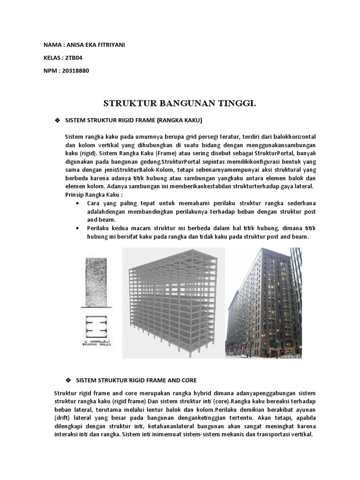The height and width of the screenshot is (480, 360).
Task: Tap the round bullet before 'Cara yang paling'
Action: point(77,203)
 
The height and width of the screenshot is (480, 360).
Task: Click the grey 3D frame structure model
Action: point(174,302)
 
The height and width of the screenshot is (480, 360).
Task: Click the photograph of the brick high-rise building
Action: point(264,302)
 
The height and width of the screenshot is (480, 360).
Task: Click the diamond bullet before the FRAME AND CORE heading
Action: point(68,379)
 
